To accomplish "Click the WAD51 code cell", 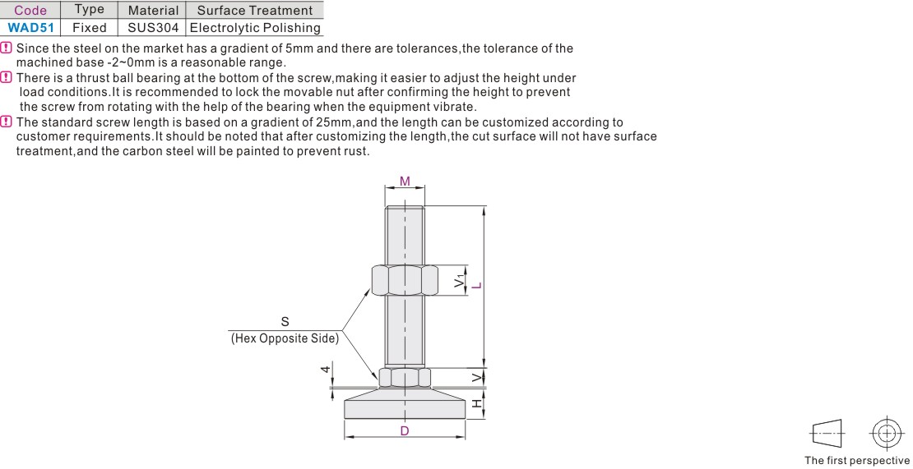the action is [30, 27].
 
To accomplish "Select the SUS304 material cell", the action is [152, 27].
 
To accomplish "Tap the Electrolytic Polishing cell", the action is [254, 27].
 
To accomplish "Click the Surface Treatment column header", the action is [254, 10].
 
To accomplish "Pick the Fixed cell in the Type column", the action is [89, 27].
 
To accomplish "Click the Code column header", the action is [30, 10].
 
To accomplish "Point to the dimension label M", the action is [405, 182].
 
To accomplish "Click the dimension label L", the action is [477, 285].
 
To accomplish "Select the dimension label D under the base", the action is [405, 430].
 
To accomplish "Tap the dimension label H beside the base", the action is [477, 404].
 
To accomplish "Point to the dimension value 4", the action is [327, 369].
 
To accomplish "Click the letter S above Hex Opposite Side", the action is [285, 321].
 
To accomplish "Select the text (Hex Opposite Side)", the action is [285, 338].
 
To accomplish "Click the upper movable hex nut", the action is [405, 280].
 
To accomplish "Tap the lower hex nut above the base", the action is [405, 378].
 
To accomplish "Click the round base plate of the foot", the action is [405, 404].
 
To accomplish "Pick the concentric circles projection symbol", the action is [887, 434].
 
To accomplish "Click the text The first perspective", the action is [857, 461].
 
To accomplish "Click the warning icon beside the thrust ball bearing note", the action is [7, 77].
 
